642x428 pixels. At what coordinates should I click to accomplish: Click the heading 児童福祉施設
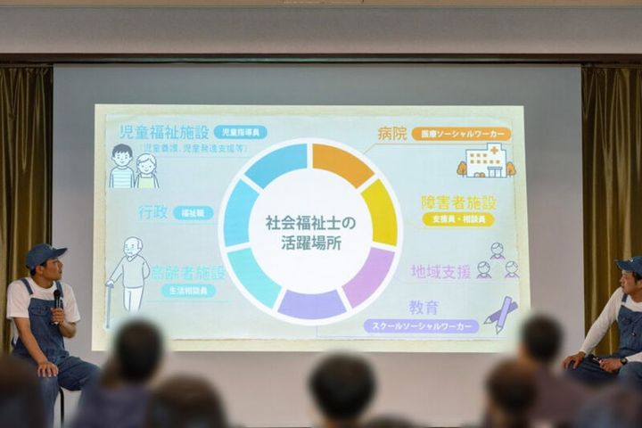163,132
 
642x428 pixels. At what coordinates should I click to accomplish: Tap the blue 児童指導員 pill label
240,132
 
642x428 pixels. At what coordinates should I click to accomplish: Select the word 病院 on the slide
391,133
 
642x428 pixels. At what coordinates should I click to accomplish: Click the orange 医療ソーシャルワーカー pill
461,134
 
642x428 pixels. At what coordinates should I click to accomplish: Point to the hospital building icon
486,161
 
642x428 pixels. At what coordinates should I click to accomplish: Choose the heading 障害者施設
458,202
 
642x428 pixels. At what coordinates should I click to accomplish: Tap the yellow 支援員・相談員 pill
458,219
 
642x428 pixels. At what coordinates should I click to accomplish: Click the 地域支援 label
440,271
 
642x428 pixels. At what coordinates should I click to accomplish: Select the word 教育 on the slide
424,308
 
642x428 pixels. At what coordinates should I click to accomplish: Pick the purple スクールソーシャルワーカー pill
421,326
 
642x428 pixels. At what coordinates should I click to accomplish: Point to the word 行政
152,212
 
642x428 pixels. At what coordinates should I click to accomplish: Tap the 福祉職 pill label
193,213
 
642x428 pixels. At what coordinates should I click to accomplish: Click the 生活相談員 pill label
187,291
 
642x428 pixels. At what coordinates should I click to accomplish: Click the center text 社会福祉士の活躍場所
310,231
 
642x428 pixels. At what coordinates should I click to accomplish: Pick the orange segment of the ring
342,162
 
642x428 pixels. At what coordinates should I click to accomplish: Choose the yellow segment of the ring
381,212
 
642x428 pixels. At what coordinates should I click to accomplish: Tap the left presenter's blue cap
45,255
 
